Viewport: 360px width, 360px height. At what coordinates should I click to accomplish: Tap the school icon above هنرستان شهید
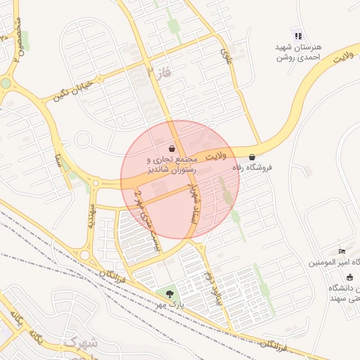click(x=298, y=36)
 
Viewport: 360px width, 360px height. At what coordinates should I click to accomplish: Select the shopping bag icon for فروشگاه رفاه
click(x=252, y=157)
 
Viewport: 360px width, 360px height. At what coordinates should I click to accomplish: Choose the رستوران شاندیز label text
click(x=173, y=170)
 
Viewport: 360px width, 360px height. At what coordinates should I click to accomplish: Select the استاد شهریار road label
click(x=186, y=202)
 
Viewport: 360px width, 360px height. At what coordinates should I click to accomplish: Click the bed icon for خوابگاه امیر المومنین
click(x=342, y=252)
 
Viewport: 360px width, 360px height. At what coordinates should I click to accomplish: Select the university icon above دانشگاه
click(x=350, y=277)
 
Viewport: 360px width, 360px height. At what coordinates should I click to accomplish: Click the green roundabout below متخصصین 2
click(x=6, y=83)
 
